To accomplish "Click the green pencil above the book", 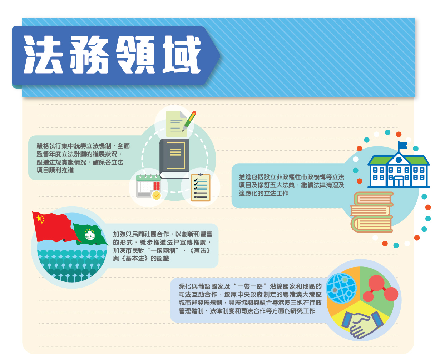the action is [189, 121].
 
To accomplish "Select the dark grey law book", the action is [174, 159].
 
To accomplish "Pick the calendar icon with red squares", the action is [148, 186].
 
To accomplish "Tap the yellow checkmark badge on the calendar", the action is [156, 195].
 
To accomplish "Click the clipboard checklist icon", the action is [200, 187].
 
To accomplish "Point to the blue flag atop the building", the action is [402, 145].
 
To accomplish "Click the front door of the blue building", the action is [398, 181].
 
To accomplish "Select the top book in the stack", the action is [373, 199].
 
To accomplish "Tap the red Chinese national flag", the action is [55, 227].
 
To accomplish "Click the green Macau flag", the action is [90, 234].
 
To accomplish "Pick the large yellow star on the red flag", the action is [39, 218].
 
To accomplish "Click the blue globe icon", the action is [341, 288].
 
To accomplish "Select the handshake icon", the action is [362, 324].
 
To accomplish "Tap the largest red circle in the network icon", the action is [376, 283].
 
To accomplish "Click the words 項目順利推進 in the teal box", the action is [55, 170].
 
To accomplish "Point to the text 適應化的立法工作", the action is [263, 194].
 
